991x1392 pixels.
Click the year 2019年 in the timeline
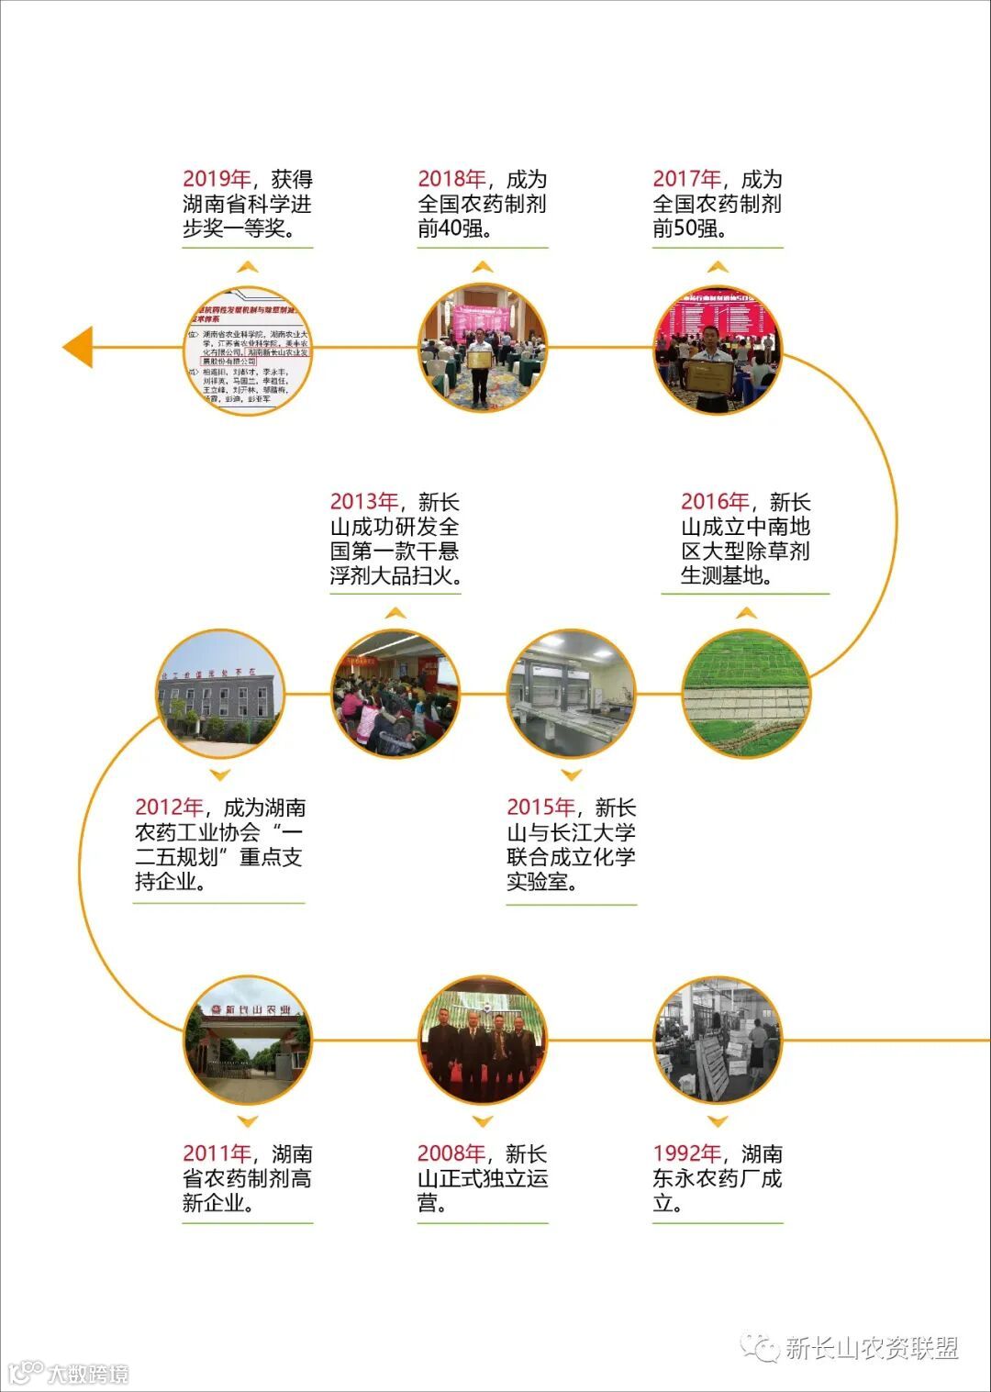tap(217, 180)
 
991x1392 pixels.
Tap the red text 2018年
tap(451, 180)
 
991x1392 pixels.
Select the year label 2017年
tap(686, 180)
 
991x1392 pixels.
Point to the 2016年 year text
tap(714, 502)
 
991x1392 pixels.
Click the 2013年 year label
tap(363, 502)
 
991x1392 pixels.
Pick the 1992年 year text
tap(686, 1153)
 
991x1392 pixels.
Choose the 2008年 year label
tap(451, 1153)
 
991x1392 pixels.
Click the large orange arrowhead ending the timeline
tap(78, 348)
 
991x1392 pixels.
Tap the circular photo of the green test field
tap(746, 694)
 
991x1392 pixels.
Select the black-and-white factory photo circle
tap(718, 1041)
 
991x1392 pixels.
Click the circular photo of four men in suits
tap(483, 1041)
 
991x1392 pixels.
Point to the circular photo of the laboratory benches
tap(571, 694)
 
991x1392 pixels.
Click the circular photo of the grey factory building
tap(220, 694)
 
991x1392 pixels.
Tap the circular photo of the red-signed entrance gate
tap(248, 1041)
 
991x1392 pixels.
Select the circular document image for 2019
tap(248, 350)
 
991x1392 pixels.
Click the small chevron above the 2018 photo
tap(483, 267)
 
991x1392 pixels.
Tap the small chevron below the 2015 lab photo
tap(571, 775)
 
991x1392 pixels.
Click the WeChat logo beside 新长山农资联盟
tap(760, 1348)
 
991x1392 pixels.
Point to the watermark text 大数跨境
tap(88, 1374)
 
